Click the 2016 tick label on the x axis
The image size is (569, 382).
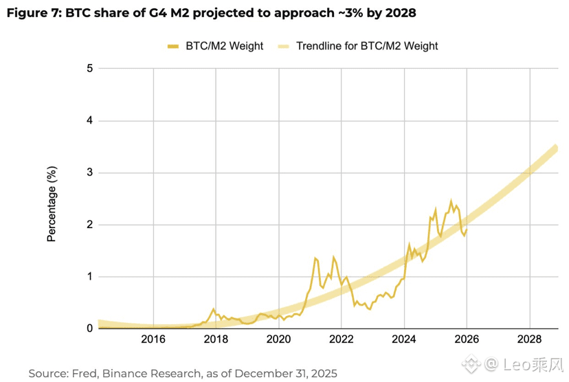pos(153,339)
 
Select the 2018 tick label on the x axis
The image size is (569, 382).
pos(216,339)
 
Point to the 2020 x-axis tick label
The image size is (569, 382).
pos(278,339)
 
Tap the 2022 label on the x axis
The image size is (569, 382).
pos(341,339)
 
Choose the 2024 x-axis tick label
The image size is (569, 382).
pos(404,339)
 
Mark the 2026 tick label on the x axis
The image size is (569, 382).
pos(467,339)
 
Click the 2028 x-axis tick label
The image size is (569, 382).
pos(530,339)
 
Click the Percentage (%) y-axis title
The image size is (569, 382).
pos(52,203)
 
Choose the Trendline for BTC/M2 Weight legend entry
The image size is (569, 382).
pos(366,46)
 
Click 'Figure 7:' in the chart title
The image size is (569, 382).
pos(34,13)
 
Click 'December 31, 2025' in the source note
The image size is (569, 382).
pos(291,373)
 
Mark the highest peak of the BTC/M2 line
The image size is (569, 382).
pos(451,201)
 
